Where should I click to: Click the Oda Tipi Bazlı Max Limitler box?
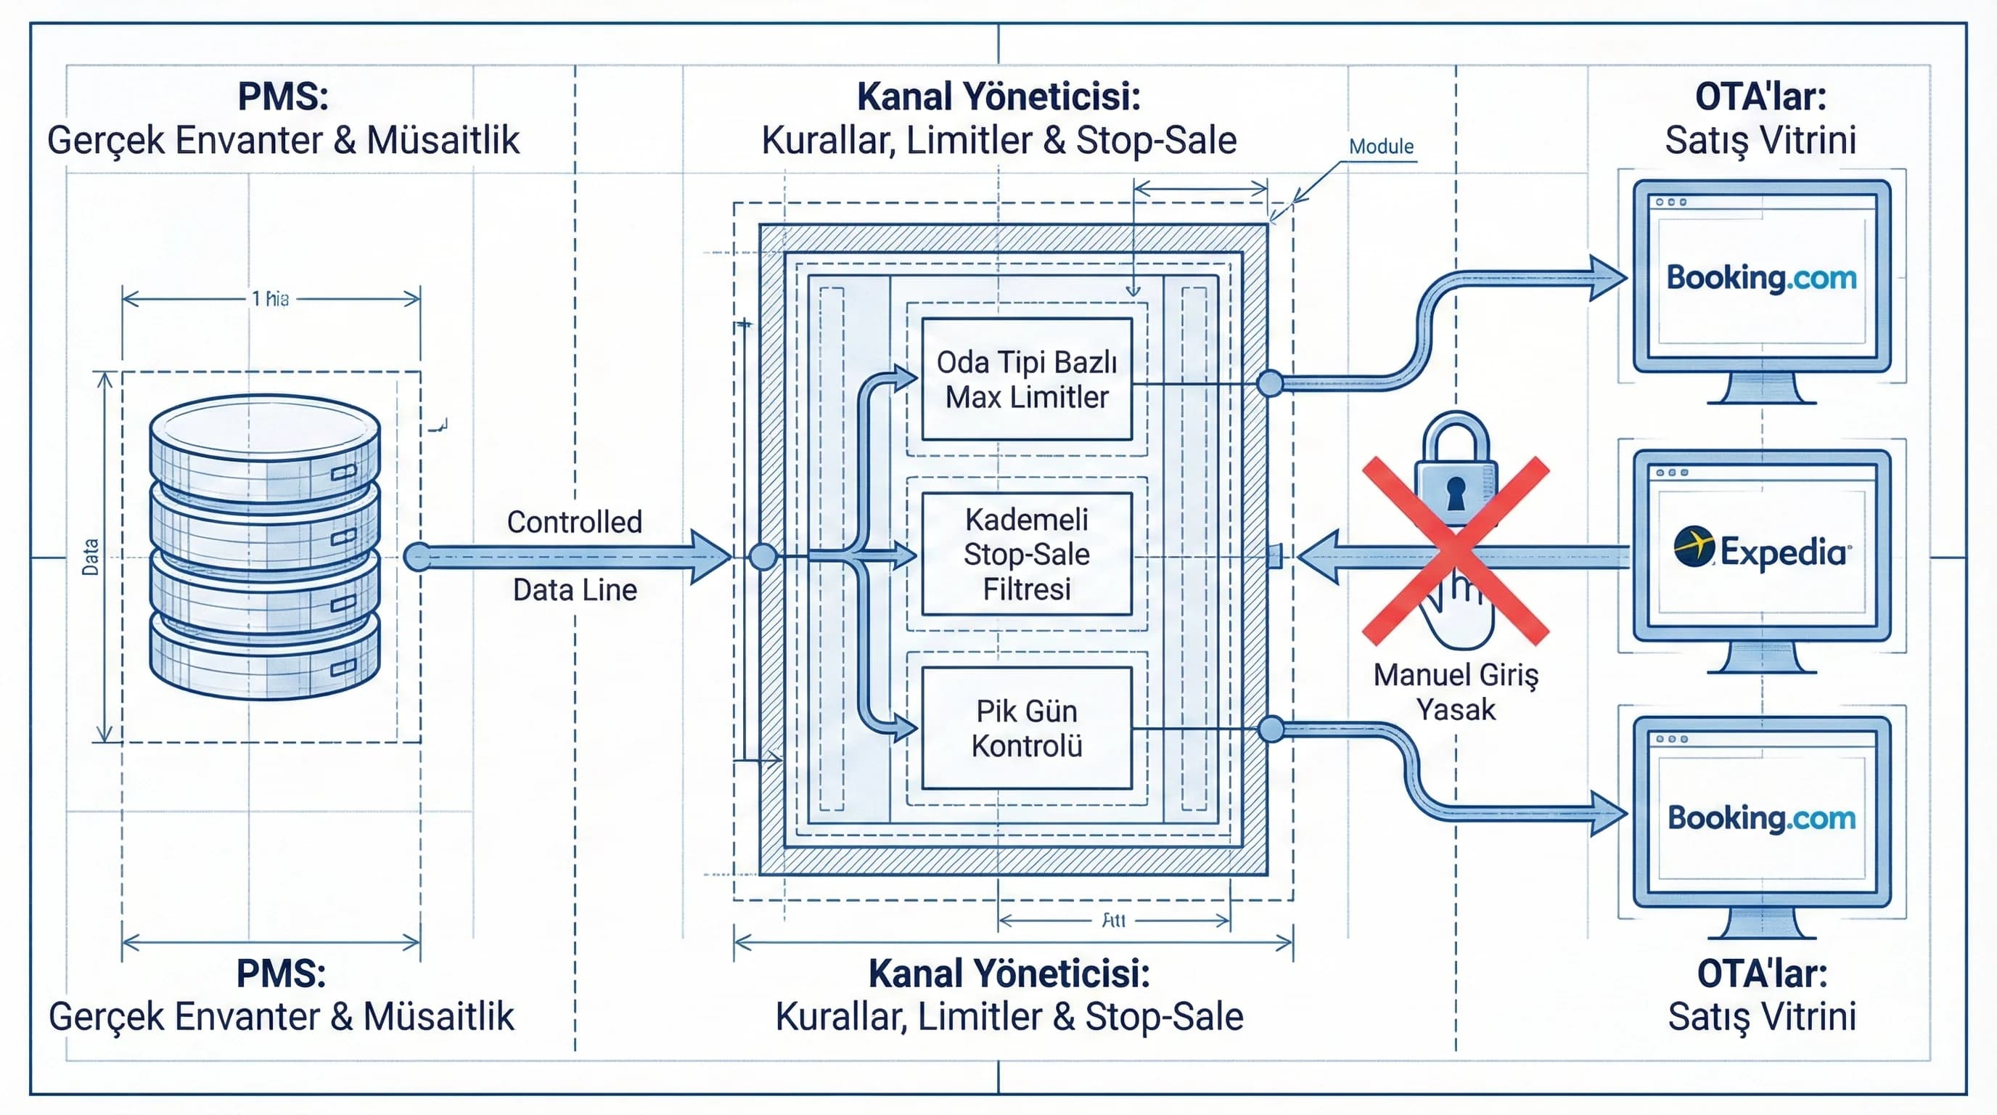tap(1026, 379)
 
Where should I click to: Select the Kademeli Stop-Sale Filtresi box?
tap(1026, 554)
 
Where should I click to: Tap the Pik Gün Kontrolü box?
tap(1026, 728)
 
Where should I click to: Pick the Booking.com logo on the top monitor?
tap(1761, 277)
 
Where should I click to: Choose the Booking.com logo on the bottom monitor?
tap(1761, 818)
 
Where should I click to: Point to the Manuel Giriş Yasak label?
tap(1456, 692)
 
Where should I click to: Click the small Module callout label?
tap(1381, 147)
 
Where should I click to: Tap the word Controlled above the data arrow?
tap(575, 522)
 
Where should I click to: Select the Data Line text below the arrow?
tap(575, 590)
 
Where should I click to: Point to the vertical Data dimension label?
tap(91, 557)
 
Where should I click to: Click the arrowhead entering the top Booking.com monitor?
tap(1609, 277)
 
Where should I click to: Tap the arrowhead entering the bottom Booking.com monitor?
tap(1609, 813)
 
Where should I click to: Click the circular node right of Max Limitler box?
tap(1270, 383)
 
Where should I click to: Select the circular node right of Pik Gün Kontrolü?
tap(1271, 729)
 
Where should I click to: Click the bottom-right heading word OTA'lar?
tap(1761, 974)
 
